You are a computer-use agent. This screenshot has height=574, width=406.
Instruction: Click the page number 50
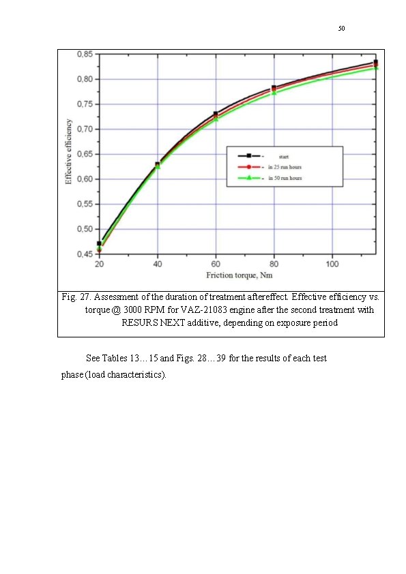[x=341, y=29]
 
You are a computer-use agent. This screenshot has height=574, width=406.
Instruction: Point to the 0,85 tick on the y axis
[x=85, y=54]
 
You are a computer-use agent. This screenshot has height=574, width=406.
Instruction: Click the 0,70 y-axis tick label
[x=85, y=130]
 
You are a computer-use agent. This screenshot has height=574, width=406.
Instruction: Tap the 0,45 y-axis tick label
[x=85, y=254]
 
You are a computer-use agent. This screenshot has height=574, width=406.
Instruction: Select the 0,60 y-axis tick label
[x=85, y=179]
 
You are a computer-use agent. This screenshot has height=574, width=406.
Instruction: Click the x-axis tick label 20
[x=99, y=263]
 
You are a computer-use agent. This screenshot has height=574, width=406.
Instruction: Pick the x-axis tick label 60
[x=216, y=263]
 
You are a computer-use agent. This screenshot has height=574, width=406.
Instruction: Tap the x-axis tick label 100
[x=332, y=263]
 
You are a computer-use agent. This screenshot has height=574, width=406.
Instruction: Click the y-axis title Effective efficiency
[x=69, y=152]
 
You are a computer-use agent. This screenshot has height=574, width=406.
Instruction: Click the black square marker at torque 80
[x=274, y=88]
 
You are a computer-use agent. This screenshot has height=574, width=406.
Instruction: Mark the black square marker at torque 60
[x=216, y=114]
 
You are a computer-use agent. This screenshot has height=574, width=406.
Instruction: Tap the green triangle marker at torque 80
[x=274, y=93]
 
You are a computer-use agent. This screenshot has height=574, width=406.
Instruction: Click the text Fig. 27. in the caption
[x=75, y=297]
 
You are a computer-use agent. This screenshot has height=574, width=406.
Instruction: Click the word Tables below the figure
[x=119, y=358]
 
